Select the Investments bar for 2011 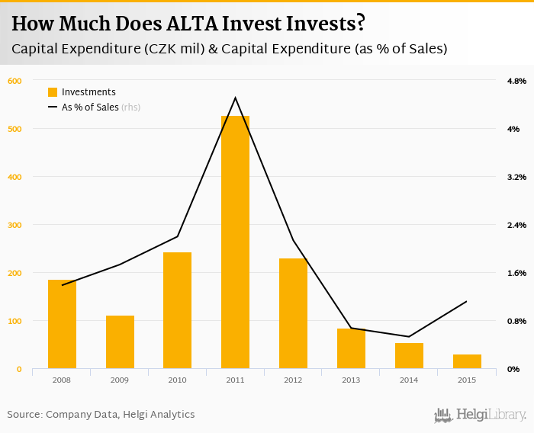click(x=235, y=242)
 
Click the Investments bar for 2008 click(x=62, y=325)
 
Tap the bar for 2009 click(x=120, y=342)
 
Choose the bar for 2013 click(x=351, y=348)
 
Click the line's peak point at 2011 click(x=235, y=98)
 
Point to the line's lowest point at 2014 click(x=409, y=337)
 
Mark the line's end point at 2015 click(x=467, y=301)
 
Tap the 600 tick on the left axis click(x=14, y=81)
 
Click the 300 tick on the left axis click(x=14, y=225)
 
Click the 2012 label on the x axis click(x=293, y=380)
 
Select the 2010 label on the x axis click(x=178, y=380)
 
